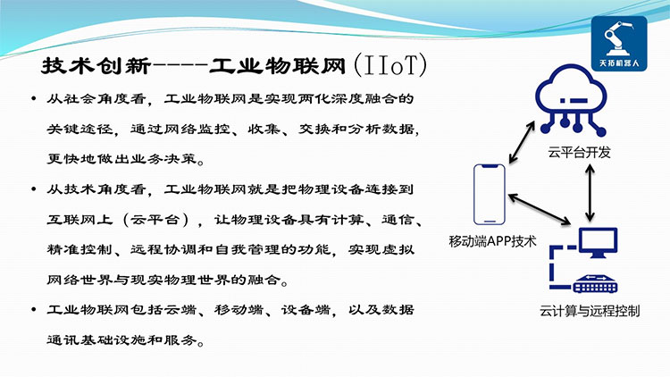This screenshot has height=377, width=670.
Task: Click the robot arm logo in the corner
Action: pos(619,43)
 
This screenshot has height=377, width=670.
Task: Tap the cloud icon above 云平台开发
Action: pos(572,100)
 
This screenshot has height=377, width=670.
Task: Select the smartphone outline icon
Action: pos(490,195)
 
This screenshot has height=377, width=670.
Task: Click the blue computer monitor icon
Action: pos(598,243)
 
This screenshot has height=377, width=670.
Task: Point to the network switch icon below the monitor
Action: pos(595,284)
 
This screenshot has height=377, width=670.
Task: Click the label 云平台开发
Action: pos(580,152)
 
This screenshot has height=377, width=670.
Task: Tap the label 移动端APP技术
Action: pos(492,241)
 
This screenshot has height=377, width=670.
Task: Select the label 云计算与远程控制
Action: pos(590,311)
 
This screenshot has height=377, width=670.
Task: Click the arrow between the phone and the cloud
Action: pos(522,142)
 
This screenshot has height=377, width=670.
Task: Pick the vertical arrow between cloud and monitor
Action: pos(590,193)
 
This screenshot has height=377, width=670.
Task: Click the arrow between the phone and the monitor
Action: pos(540,209)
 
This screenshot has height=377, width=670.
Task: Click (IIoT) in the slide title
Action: pos(390,65)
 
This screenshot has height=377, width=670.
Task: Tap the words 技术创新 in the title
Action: pos(96,66)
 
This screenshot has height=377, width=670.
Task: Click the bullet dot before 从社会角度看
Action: pos(34,99)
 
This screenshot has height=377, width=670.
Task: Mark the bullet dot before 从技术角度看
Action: pos(34,188)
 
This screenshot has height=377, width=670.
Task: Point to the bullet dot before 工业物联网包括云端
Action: pos(34,309)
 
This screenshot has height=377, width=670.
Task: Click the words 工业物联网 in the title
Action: pos(277,66)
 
